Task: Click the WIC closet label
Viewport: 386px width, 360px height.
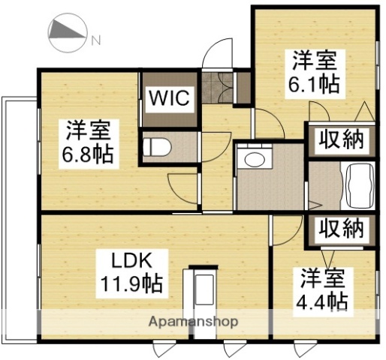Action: [x=172, y=98]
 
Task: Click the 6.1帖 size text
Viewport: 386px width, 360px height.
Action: [x=315, y=82]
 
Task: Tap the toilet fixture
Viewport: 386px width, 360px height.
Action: [x=158, y=147]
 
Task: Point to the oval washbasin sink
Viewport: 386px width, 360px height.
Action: [x=255, y=160]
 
